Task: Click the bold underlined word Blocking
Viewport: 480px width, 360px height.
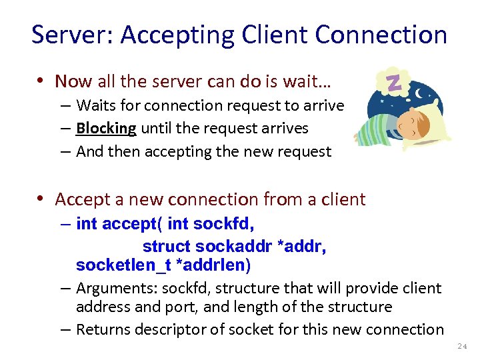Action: (106, 128)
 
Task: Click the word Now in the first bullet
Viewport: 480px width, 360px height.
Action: (73, 81)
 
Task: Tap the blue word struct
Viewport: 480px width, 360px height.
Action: (166, 247)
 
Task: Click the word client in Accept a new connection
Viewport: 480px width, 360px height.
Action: (342, 199)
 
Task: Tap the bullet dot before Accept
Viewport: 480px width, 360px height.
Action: (41, 199)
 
